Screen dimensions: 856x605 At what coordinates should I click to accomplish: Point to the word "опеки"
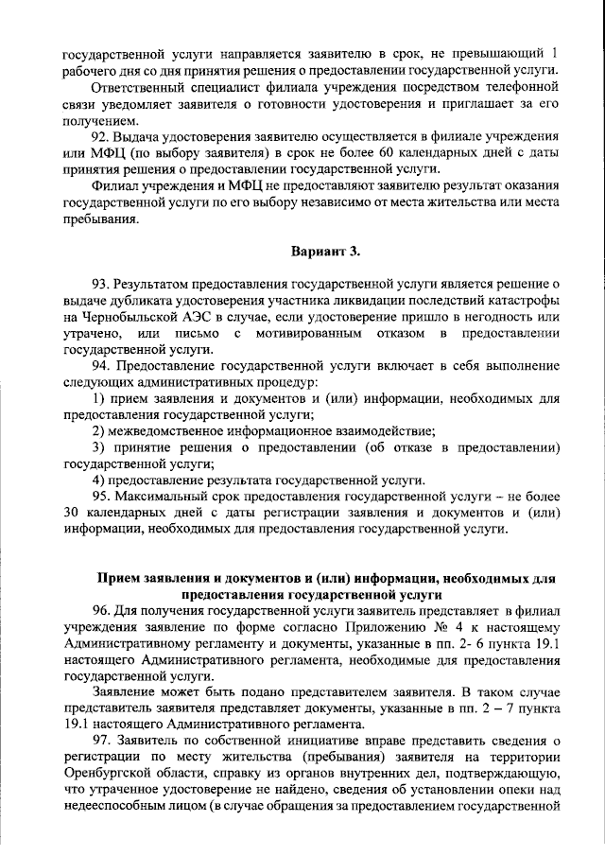[500, 788]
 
